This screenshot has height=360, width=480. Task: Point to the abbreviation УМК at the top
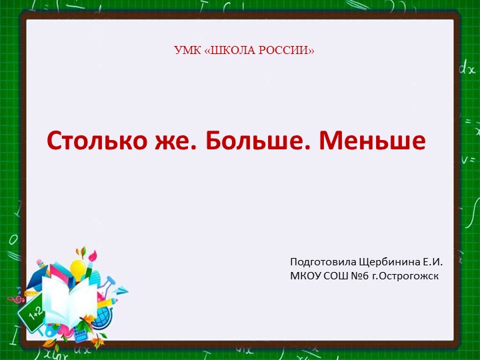(186, 51)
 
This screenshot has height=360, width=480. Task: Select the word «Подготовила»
(323, 261)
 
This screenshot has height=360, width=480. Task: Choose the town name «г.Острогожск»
(405, 275)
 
